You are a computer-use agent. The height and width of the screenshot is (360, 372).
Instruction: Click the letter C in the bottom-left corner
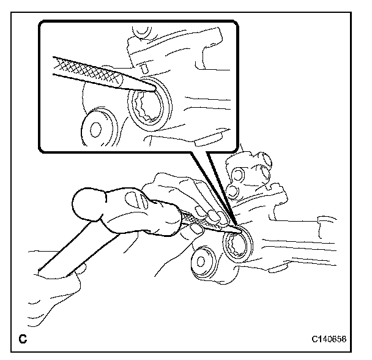pyautogui.click(x=23, y=339)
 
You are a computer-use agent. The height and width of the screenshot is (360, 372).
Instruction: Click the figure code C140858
pyautogui.click(x=329, y=339)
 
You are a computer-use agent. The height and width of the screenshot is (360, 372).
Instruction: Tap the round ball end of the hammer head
pyautogui.click(x=87, y=203)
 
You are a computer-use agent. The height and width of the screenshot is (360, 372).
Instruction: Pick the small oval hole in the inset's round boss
pyautogui.click(x=96, y=129)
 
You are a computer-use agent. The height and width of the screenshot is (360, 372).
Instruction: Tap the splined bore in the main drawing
pyautogui.click(x=237, y=246)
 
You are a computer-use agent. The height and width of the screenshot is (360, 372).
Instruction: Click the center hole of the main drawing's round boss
pyautogui.click(x=201, y=261)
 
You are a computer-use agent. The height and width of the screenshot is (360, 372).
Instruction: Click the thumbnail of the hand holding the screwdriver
pyautogui.click(x=197, y=229)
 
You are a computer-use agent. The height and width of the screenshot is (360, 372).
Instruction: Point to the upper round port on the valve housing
pyautogui.click(x=238, y=175)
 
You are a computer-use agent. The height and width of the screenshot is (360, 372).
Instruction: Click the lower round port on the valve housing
pyautogui.click(x=232, y=190)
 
